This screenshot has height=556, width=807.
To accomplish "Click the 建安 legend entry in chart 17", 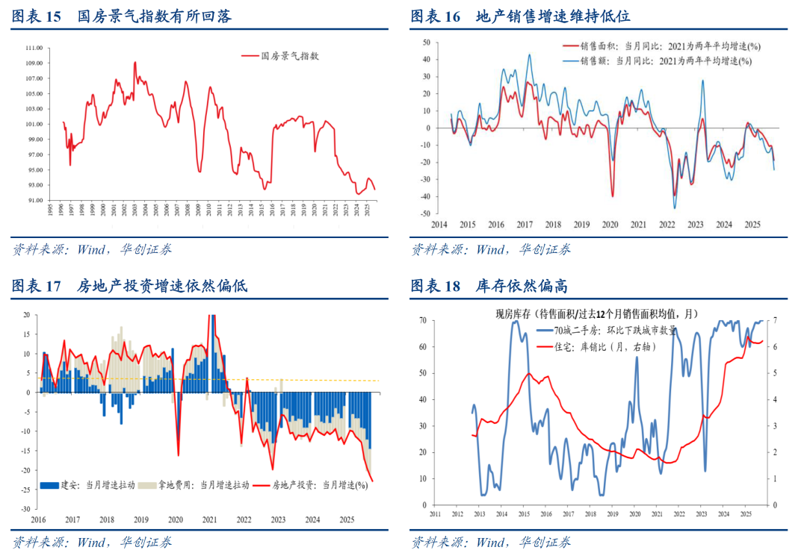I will [x=88, y=484].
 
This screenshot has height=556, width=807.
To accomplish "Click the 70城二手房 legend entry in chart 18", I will [x=613, y=330].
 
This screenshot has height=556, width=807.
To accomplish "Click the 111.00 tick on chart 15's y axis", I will [x=34, y=47].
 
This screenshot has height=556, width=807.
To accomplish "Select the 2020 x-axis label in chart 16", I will [x=610, y=225].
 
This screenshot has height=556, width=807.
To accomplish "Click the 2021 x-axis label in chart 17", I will [x=209, y=519].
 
